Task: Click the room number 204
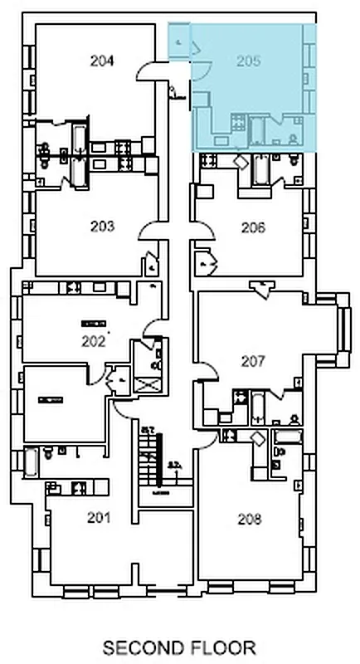coord(103,60)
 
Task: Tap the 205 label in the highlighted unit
coord(248,60)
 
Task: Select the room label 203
coord(103,226)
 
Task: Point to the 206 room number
coord(253,227)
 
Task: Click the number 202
coord(94,339)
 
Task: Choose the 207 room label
coord(253,361)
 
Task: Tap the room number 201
coord(99,518)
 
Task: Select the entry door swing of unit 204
coord(148,70)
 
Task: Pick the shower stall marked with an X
coord(147,384)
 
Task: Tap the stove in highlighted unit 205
coord(236,124)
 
